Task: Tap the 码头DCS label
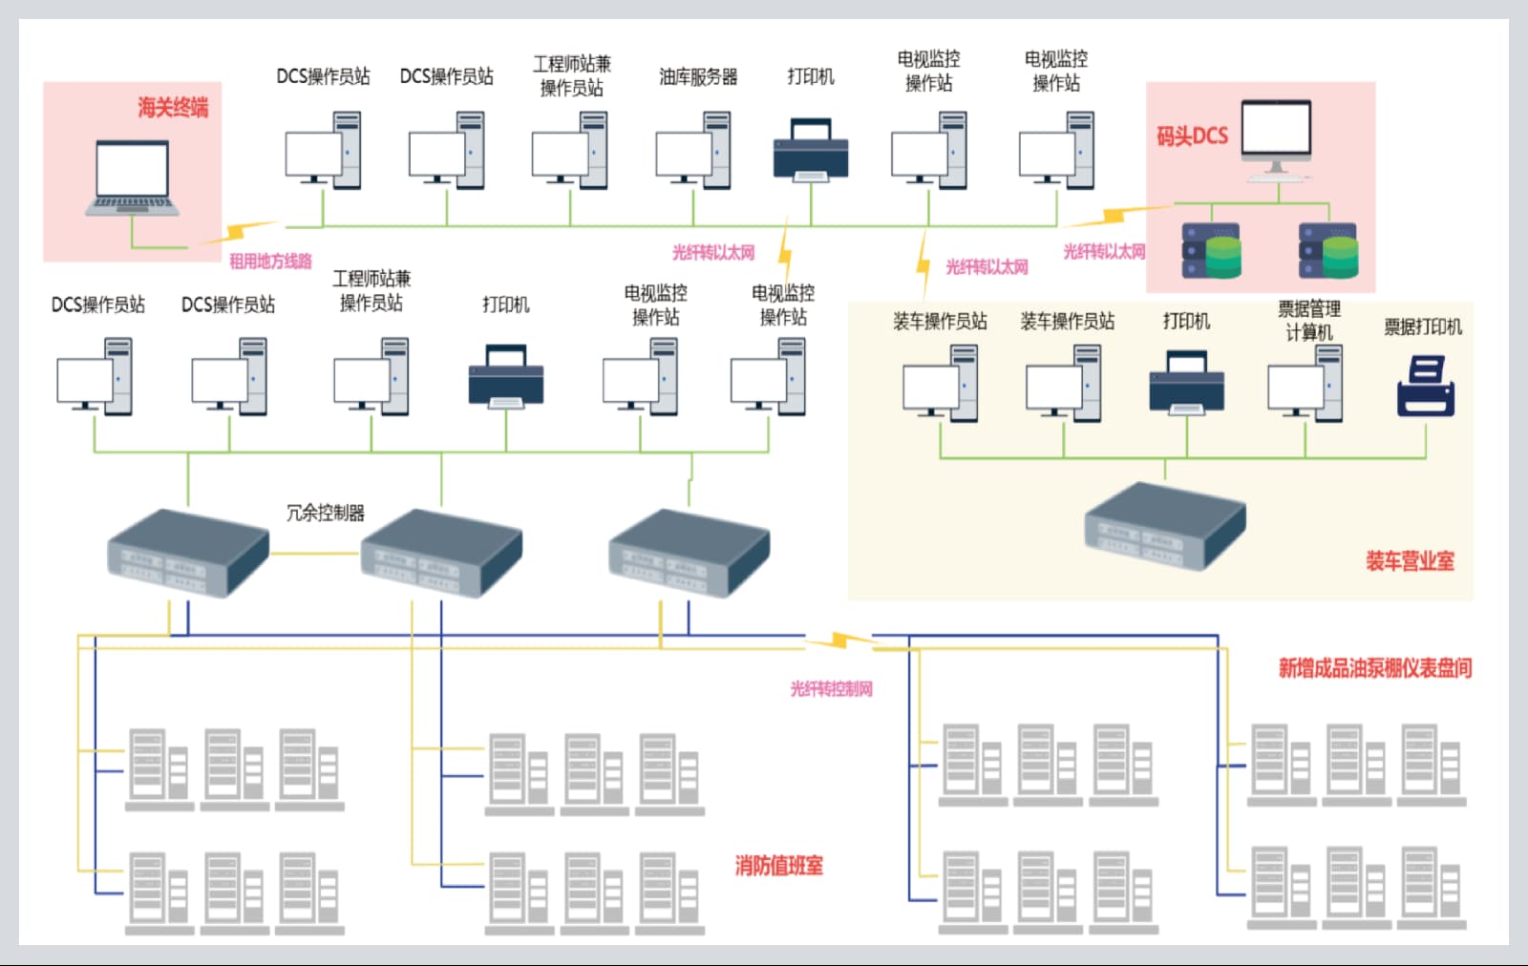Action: pyautogui.click(x=1192, y=136)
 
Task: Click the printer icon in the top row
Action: pyautogui.click(x=811, y=150)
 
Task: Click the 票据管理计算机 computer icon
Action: pyautogui.click(x=1305, y=383)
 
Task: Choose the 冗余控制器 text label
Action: pyautogui.click(x=326, y=513)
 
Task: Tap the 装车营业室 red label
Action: pyautogui.click(x=1410, y=561)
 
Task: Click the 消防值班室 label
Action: pyautogui.click(x=778, y=866)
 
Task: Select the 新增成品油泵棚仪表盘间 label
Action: pyautogui.click(x=1375, y=668)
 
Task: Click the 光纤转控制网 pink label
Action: pyautogui.click(x=831, y=689)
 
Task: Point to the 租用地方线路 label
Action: pyautogui.click(x=270, y=261)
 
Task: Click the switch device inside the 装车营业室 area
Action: pyautogui.click(x=1165, y=526)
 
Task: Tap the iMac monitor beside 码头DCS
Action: pyautogui.click(x=1277, y=139)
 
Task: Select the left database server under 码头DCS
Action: pyautogui.click(x=1211, y=251)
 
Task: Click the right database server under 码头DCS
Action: pyautogui.click(x=1328, y=251)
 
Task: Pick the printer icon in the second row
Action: pyautogui.click(x=506, y=378)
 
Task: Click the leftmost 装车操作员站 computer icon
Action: pyautogui.click(x=941, y=383)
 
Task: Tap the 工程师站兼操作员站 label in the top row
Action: pyautogui.click(x=571, y=75)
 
